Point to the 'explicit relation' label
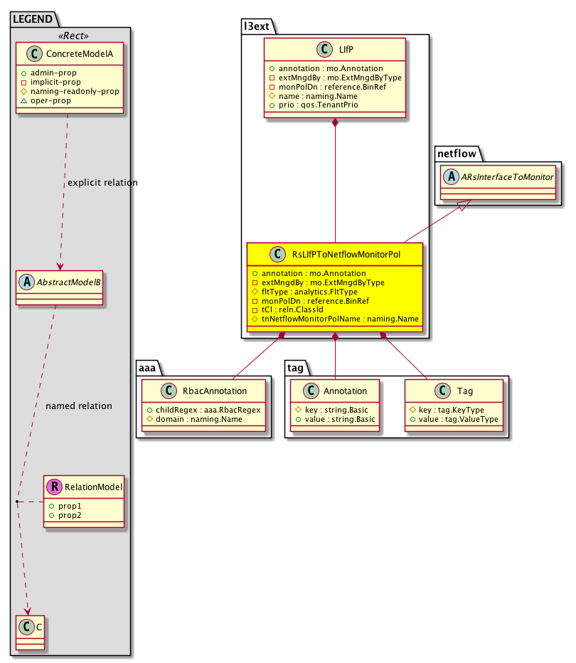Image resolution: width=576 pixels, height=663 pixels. [x=102, y=183]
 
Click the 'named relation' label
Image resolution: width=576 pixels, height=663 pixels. [x=79, y=406]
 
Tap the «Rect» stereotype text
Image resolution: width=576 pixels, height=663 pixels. [x=70, y=36]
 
